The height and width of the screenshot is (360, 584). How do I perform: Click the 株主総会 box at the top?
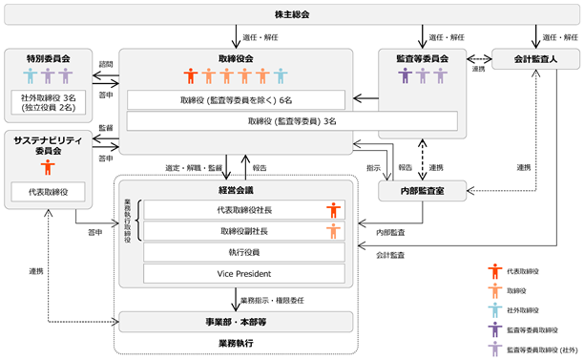(x=292, y=14)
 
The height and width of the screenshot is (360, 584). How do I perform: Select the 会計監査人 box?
(x=535, y=59)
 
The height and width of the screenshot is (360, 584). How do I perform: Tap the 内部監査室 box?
(x=422, y=191)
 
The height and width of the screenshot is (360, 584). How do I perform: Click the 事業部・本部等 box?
(x=236, y=322)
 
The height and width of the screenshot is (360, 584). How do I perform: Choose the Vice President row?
(x=244, y=273)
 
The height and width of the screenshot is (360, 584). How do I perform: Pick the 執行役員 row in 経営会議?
(x=244, y=252)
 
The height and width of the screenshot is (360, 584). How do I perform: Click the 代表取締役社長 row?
(x=244, y=210)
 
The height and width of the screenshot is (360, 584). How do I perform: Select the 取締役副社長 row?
(x=244, y=231)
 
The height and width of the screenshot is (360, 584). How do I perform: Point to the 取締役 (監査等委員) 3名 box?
(x=292, y=121)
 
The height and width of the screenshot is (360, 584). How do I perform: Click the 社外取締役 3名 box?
(x=48, y=102)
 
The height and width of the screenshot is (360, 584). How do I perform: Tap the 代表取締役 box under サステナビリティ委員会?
(x=48, y=192)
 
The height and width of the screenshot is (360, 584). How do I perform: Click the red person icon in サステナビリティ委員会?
(x=48, y=167)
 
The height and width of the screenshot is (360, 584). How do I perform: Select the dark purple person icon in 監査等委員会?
(x=405, y=75)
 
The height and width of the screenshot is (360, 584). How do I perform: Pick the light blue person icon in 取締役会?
(x=281, y=75)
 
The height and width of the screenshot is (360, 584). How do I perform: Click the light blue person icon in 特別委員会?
(x=31, y=75)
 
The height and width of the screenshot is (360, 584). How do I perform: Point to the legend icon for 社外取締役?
(x=495, y=310)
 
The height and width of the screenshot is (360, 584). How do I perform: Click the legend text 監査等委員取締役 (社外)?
(x=542, y=349)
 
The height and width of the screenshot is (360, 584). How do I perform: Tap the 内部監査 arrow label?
(x=390, y=233)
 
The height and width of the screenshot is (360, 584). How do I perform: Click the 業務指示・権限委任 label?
(x=272, y=301)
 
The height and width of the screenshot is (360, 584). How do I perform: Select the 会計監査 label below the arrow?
(x=390, y=255)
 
